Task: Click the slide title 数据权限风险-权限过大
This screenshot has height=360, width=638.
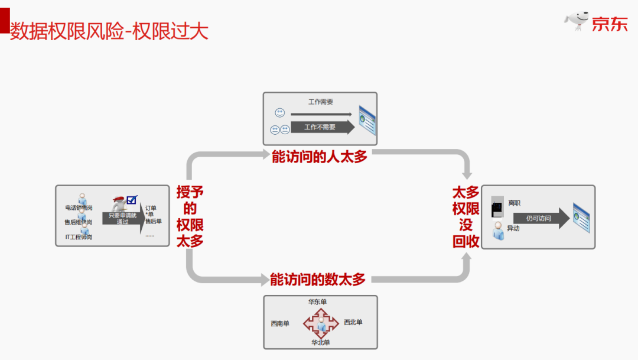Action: [x=109, y=31]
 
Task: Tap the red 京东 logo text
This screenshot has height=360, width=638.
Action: [x=610, y=23]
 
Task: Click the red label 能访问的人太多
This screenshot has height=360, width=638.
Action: [x=320, y=157]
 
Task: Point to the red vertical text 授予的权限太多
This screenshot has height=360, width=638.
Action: [x=190, y=216]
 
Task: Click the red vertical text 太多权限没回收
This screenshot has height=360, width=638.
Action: [x=466, y=216]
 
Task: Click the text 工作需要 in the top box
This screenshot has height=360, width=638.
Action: [x=321, y=102]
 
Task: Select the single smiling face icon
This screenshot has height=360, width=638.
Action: [x=279, y=112]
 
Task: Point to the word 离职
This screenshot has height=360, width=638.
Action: [x=514, y=203]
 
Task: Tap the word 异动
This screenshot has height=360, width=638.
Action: [x=513, y=228]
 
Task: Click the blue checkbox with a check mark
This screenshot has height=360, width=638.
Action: [x=132, y=200]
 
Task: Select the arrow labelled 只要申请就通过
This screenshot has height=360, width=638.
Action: [x=123, y=219]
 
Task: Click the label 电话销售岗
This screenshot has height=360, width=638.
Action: [x=79, y=207]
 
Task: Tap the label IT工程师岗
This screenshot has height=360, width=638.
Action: [x=79, y=237]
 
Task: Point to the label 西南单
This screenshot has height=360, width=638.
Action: [x=280, y=323]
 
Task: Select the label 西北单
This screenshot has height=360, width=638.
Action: [x=353, y=322]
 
